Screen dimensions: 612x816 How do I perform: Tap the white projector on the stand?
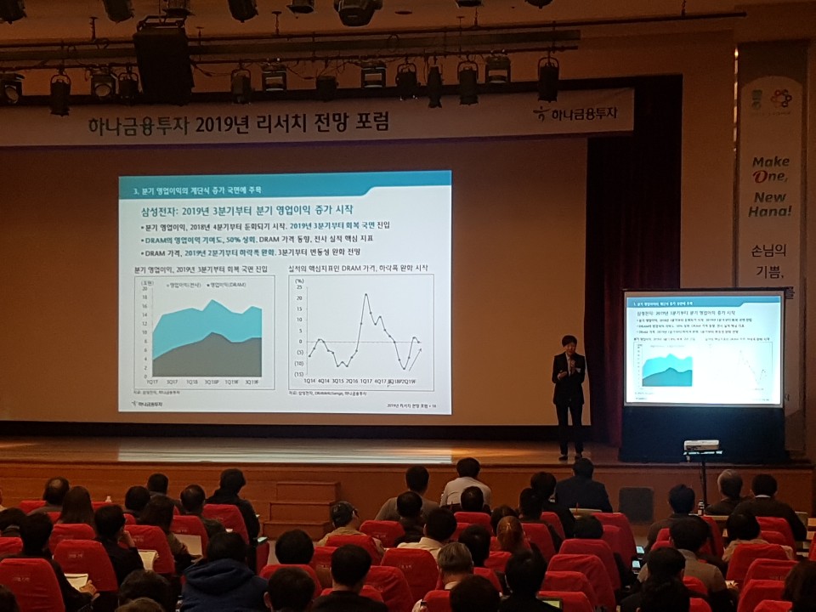[700, 445]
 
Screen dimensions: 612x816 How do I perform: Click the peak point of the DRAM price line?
[365, 295]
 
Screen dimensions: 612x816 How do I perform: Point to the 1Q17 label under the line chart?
[367, 382]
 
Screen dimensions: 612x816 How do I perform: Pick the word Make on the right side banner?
[770, 161]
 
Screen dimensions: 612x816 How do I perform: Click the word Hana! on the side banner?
[769, 211]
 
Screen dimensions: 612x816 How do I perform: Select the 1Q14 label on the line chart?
[310, 382]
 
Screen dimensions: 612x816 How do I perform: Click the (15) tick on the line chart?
[299, 373]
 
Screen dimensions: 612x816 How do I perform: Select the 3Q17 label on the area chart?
[172, 382]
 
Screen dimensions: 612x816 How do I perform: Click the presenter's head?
[569, 343]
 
